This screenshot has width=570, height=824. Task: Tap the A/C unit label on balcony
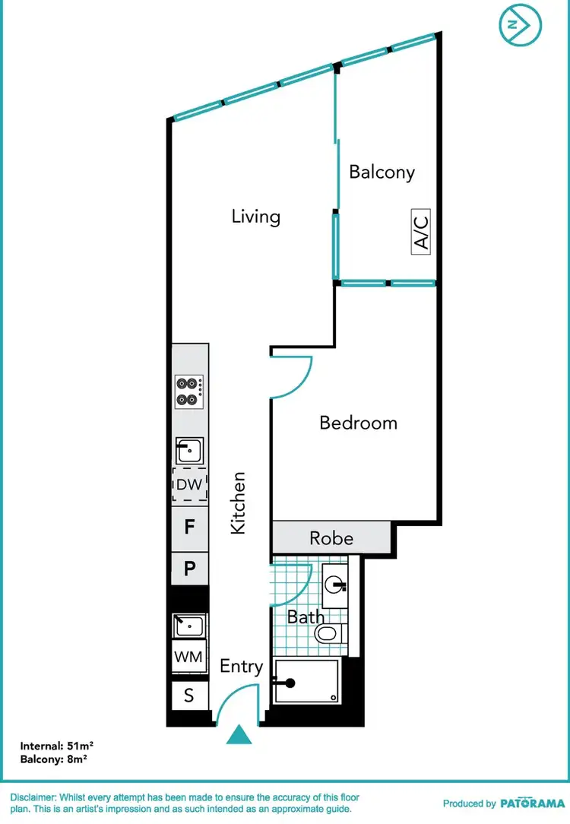click(422, 232)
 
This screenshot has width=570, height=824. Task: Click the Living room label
click(256, 217)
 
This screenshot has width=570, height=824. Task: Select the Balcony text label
click(382, 172)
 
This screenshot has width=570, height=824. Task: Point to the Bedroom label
click(358, 423)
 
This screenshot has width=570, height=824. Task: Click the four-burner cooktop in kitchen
click(188, 391)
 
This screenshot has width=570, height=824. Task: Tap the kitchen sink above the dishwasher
click(188, 451)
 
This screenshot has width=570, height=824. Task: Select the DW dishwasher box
click(188, 485)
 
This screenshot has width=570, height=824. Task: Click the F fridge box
click(190, 526)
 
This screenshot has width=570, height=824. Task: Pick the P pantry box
click(190, 568)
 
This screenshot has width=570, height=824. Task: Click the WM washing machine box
click(189, 655)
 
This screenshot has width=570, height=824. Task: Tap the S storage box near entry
click(189, 695)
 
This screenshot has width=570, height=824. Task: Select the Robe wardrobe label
click(331, 538)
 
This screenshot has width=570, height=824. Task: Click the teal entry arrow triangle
click(240, 735)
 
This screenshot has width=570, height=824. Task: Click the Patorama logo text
click(532, 803)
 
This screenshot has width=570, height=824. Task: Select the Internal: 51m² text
click(57, 746)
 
